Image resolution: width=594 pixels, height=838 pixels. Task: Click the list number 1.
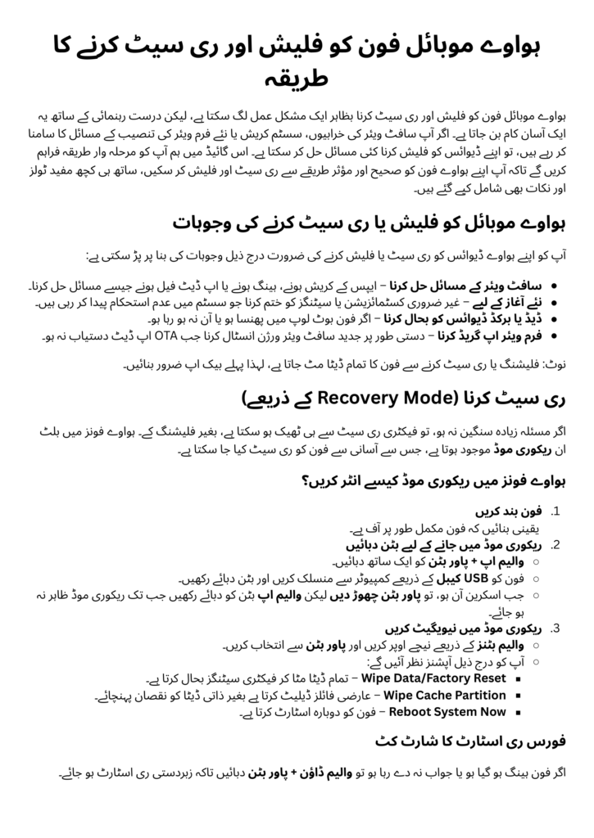556,512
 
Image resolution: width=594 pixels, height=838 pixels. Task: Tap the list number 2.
555,544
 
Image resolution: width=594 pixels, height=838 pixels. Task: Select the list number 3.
555,629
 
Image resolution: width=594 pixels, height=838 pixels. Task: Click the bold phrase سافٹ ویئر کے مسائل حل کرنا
478,287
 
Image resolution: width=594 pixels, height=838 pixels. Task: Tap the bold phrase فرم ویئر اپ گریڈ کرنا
486,336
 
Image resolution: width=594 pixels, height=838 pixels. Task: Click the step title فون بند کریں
515,512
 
